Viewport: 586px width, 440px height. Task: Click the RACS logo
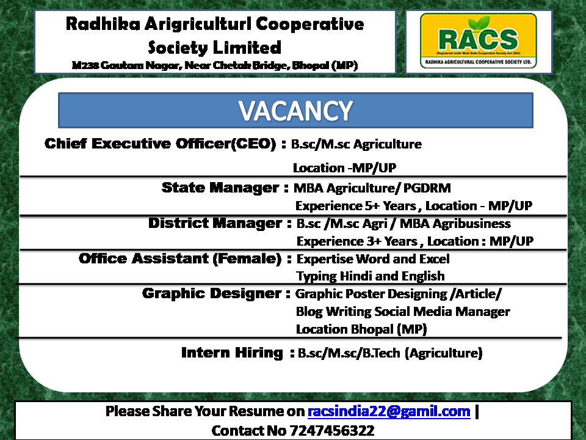479,41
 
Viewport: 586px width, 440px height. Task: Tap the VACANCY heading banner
295,111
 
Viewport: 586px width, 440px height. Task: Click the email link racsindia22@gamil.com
389,411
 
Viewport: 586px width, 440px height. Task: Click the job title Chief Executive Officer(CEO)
161,144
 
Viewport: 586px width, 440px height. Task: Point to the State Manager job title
220,188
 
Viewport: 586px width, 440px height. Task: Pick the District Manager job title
215,224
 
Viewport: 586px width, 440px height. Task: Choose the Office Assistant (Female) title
180,258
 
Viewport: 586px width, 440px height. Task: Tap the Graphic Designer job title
212,294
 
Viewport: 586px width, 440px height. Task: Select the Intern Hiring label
232,353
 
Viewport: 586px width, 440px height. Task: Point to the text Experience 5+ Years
355,206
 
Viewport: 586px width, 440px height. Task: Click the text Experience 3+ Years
357,241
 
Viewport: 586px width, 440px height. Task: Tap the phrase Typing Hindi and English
371,276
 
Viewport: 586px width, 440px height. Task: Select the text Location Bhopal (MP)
361,329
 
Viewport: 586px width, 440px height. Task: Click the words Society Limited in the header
214,48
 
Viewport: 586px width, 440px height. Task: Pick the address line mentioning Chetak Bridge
215,65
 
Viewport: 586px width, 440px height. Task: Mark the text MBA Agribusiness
455,224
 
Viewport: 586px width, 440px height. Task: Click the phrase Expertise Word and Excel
373,259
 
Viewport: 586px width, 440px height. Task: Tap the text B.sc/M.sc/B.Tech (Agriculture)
390,353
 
